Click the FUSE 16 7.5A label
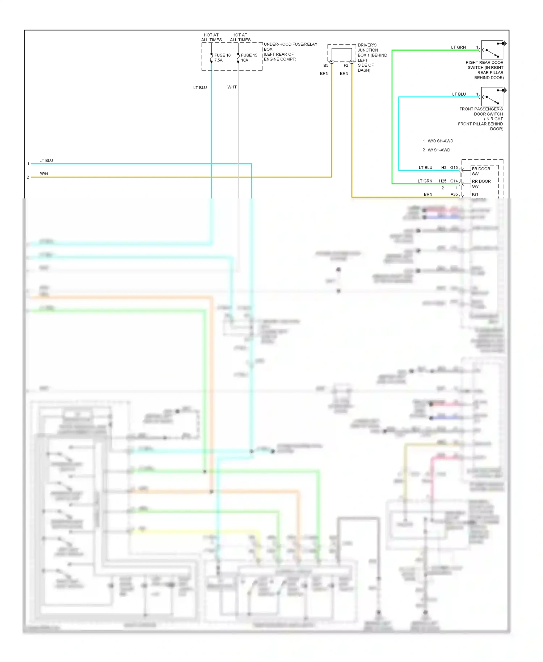[222, 58]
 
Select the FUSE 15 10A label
[249, 58]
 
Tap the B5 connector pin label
[326, 66]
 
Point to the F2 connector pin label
[346, 66]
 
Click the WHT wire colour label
[232, 87]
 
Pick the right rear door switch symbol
[492, 50]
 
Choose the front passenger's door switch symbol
[492, 97]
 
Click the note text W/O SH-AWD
[440, 141]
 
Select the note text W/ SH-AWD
[439, 150]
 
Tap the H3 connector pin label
[444, 168]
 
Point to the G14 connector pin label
[454, 181]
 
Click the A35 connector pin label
[454, 194]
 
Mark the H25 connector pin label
[443, 181]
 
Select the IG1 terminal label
[475, 194]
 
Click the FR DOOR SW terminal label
[481, 171]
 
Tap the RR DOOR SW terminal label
[481, 184]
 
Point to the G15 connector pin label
[454, 168]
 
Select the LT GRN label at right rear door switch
[458, 47]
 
